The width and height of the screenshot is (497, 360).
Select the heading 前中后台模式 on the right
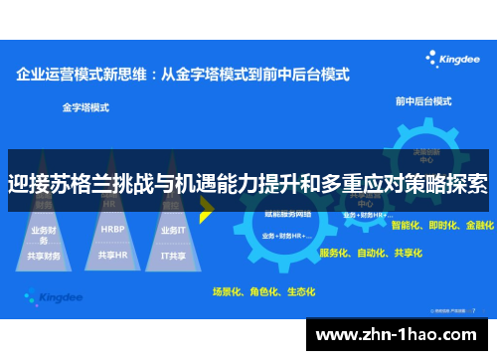(422, 100)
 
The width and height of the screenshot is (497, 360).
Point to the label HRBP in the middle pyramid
(112, 229)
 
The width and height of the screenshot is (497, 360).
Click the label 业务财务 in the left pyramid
(45, 231)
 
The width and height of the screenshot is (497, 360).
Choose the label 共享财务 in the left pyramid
(45, 256)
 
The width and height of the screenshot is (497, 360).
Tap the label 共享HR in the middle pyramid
(112, 256)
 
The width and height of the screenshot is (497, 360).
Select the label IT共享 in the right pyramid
(175, 256)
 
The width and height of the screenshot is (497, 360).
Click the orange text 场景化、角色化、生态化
(263, 292)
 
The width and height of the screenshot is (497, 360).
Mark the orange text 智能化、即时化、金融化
(442, 226)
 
